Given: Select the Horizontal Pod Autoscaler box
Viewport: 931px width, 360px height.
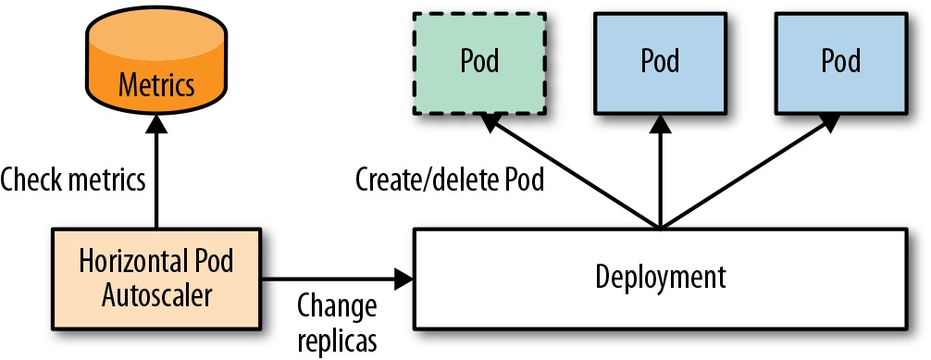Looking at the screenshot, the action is coord(156,278).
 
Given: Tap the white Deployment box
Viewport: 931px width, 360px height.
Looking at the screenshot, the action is coord(660,278).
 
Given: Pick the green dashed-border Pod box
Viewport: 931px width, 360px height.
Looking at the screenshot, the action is coord(479,63).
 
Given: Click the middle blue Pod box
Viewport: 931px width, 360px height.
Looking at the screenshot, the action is coord(660,63).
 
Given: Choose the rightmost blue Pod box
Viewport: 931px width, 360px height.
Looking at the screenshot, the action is coord(840,63).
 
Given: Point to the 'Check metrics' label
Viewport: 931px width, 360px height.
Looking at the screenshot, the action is coord(73,180).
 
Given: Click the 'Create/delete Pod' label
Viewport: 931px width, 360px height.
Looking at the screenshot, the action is coord(450,180).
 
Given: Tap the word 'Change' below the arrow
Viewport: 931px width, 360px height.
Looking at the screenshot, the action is coord(337,306).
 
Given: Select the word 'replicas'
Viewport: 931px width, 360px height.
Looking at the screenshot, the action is coord(337,341).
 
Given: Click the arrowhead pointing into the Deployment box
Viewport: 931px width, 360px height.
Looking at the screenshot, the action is coord(404,278).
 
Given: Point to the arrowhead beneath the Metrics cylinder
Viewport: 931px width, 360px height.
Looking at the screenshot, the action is coord(156,124).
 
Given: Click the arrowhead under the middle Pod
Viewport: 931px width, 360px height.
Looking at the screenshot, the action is coord(660,124).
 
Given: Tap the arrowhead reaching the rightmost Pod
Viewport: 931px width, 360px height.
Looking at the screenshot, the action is coord(829,123).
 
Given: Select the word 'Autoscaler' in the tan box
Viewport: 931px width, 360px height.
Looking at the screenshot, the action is coord(156,295).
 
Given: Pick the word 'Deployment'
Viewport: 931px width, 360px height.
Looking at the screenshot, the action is coord(660,277).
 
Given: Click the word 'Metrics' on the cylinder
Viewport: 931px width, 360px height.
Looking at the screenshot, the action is coord(156,84).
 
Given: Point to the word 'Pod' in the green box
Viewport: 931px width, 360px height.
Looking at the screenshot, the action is coord(479,60).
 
